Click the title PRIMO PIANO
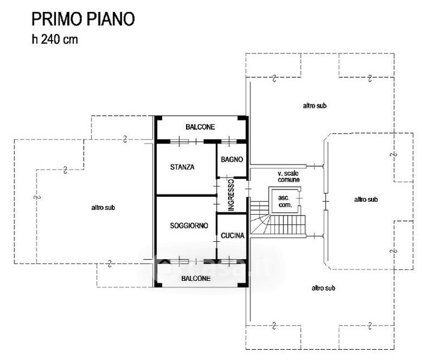[x=83, y=19]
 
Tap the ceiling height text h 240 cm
[x=55, y=41]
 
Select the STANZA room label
[x=182, y=167]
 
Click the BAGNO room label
[x=232, y=160]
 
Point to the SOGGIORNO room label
[x=188, y=226]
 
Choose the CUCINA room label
[x=232, y=236]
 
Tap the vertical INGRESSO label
[x=231, y=195]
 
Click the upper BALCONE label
[x=200, y=127]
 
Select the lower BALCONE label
[x=197, y=279]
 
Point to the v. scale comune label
[x=289, y=176]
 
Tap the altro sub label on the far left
[x=103, y=208]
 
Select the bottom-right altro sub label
[x=323, y=288]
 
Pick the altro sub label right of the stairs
[x=366, y=199]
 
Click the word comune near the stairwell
[x=289, y=179]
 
